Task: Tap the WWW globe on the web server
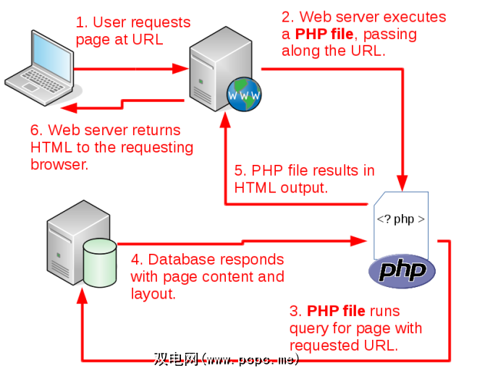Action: [x=244, y=93]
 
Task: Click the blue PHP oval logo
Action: [x=402, y=271]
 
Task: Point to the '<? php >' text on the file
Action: [x=400, y=218]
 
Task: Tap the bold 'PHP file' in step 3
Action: [x=335, y=312]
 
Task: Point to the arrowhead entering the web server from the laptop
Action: [x=182, y=69]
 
